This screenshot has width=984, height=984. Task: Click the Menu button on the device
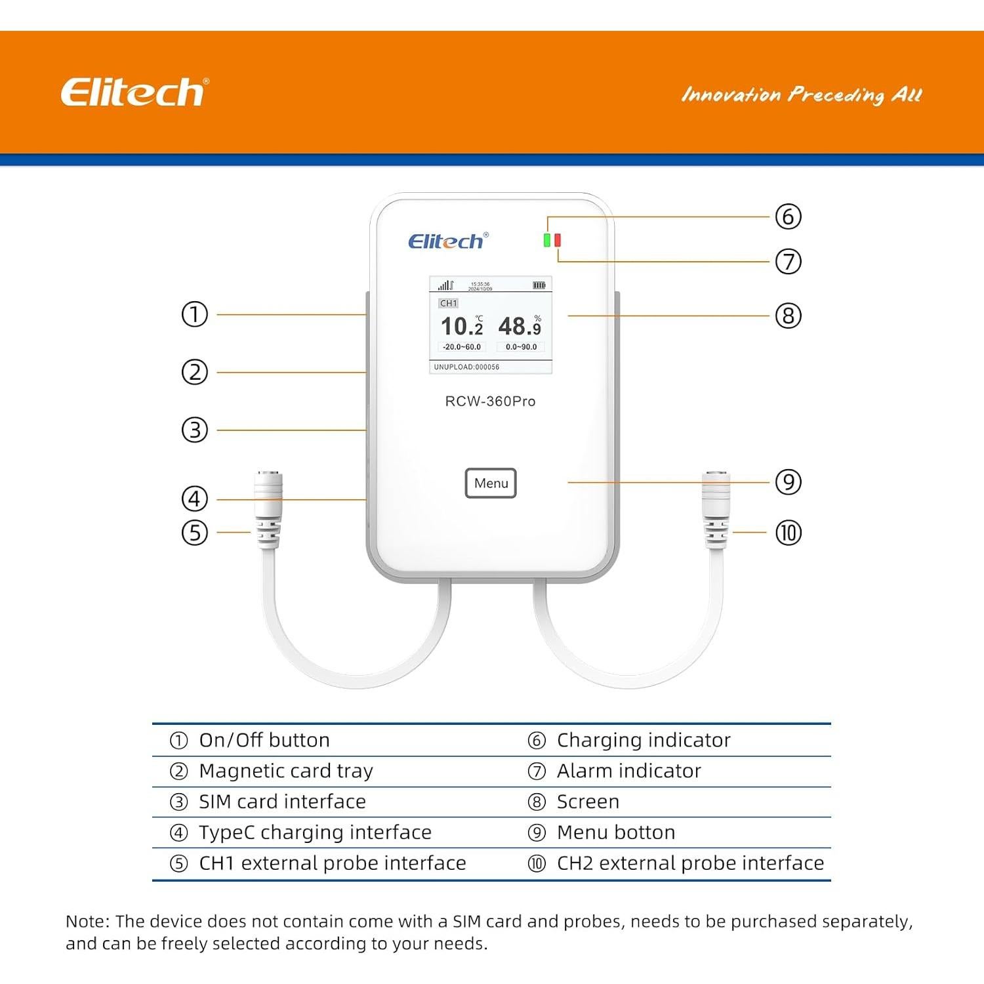click(x=491, y=483)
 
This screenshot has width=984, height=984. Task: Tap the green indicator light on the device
click(x=547, y=240)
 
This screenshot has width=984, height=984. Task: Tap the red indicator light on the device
click(x=558, y=240)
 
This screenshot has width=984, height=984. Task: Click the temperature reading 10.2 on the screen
click(x=461, y=326)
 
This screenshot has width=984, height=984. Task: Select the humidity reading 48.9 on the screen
click(x=520, y=326)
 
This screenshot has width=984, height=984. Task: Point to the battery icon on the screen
click(x=539, y=285)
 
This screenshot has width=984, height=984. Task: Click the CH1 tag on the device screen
click(x=449, y=303)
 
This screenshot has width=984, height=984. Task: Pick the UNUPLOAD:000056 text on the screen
click(x=466, y=367)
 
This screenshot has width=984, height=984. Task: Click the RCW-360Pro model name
click(x=490, y=401)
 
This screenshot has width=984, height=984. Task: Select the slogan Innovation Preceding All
click(x=802, y=95)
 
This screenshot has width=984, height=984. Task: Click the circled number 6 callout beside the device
click(x=788, y=216)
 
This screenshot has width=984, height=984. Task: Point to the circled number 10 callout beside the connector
click(x=788, y=533)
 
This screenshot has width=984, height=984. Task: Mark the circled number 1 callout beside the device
click(x=194, y=314)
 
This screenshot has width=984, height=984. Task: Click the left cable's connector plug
click(x=268, y=508)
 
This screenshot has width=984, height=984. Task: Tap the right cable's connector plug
click(x=716, y=508)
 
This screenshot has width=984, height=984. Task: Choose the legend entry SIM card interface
click(x=282, y=802)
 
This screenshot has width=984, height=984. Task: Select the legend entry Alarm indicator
click(x=628, y=771)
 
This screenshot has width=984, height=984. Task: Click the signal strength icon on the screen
click(x=445, y=285)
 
